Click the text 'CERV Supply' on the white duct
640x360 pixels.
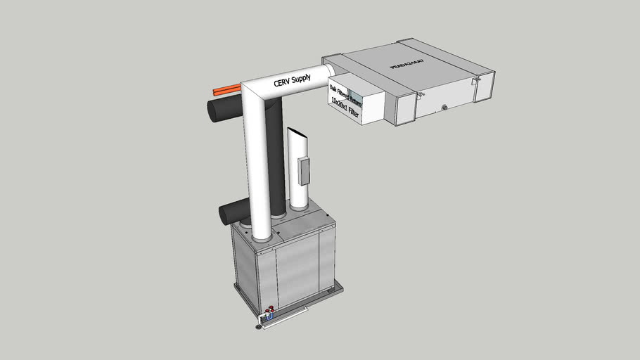tap(291, 82)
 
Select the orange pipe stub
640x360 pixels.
tap(226, 91)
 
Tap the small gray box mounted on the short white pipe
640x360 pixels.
tap(304, 171)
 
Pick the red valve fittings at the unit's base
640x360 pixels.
tap(269, 310)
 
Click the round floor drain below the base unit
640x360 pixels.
tap(262, 326)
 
